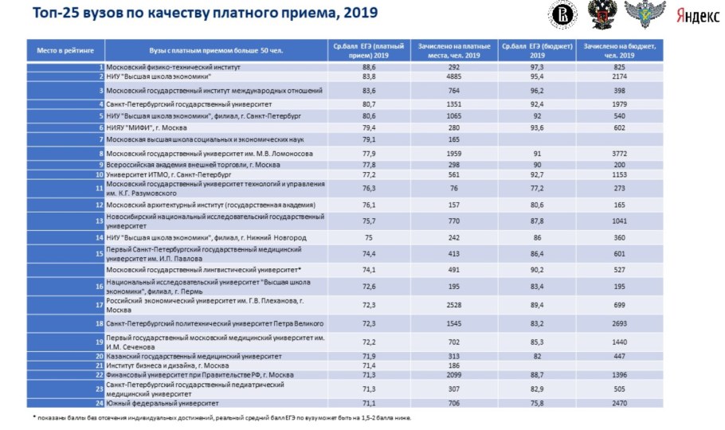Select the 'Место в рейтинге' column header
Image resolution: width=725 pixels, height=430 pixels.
coord(65,50)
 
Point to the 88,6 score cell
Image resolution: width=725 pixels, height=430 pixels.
coord(367,68)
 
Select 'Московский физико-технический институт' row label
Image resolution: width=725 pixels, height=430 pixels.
coord(168,68)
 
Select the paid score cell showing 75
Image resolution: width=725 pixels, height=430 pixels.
coord(367,237)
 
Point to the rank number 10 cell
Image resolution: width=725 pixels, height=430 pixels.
coord(100,174)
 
